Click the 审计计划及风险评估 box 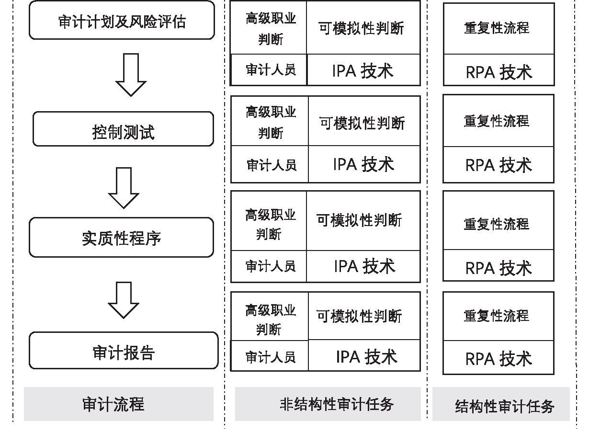click(122, 20)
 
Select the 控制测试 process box click(124, 129)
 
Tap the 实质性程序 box click(122, 237)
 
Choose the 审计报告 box click(124, 351)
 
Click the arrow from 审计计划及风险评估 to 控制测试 click(131, 75)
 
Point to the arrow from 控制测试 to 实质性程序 click(124, 188)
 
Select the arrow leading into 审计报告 click(124, 300)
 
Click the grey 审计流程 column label click(119, 404)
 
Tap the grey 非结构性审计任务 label click(328, 404)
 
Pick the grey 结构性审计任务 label click(501, 404)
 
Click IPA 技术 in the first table click(363, 71)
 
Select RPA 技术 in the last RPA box click(498, 359)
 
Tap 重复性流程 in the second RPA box click(497, 121)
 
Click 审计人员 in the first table click(271, 70)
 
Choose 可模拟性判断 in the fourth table click(359, 316)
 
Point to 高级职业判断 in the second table click(271, 122)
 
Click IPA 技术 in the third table click(364, 266)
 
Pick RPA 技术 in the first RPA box click(499, 72)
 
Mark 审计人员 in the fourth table click(270, 357)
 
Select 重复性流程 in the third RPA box click(497, 224)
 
